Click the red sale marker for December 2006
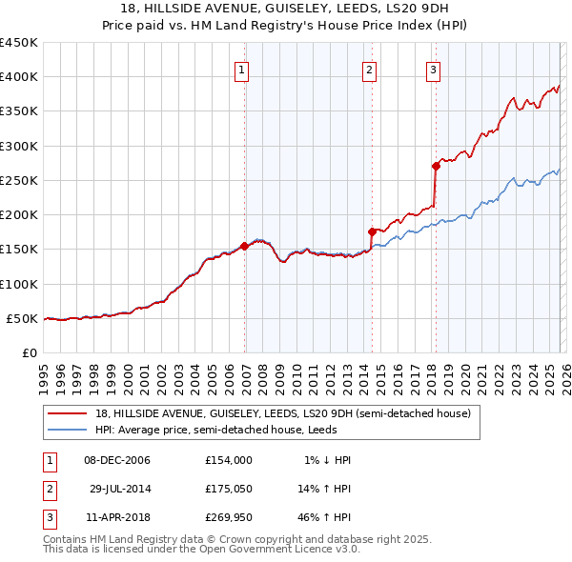click(244, 246)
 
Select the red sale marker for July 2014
click(372, 231)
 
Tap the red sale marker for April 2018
click(436, 166)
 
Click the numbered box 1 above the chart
click(242, 69)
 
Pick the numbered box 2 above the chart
click(369, 69)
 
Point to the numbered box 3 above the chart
click(433, 69)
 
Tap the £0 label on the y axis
click(29, 352)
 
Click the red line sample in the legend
click(68, 414)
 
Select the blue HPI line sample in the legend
click(68, 430)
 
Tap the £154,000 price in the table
click(228, 460)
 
